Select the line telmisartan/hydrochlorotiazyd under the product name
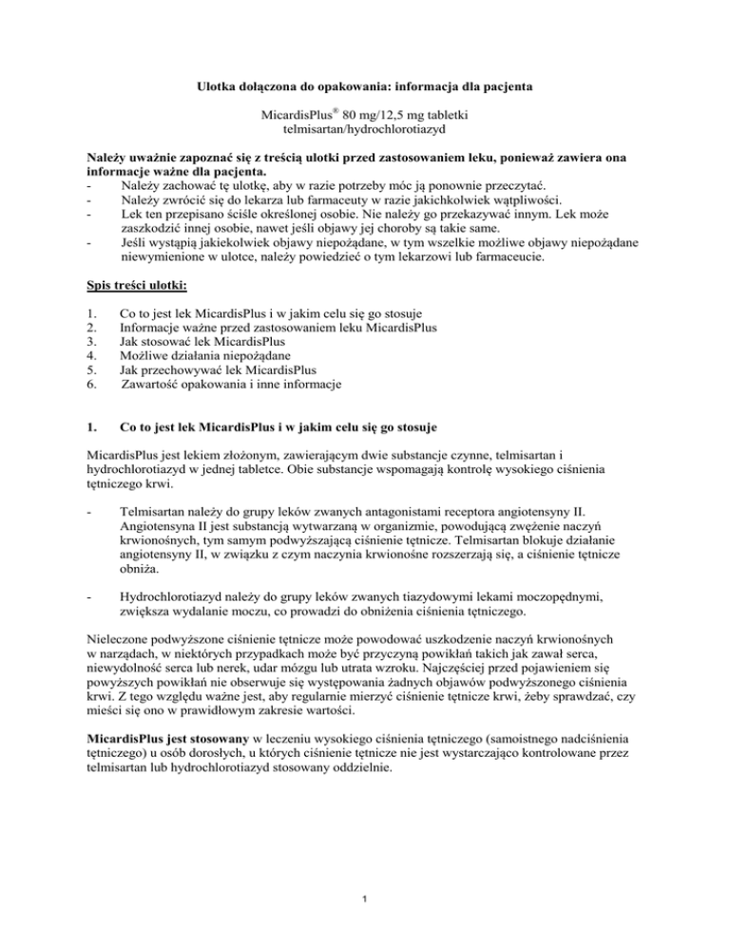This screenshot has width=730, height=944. pos(365,130)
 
